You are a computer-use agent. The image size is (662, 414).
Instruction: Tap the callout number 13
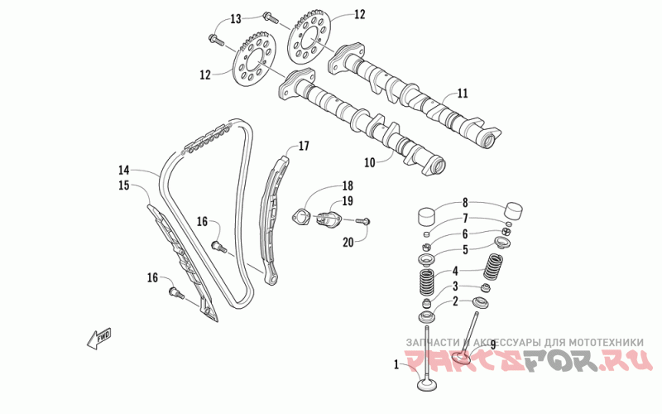click(x=236, y=18)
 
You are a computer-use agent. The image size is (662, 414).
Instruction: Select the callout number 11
click(x=463, y=93)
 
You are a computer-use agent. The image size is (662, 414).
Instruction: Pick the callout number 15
click(x=125, y=185)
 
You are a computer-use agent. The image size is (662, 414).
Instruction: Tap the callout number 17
click(x=304, y=147)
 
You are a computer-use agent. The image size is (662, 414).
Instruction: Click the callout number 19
click(x=348, y=200)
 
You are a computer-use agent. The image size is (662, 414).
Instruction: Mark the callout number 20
click(x=348, y=241)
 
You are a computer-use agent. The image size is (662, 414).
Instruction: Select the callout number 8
click(x=465, y=203)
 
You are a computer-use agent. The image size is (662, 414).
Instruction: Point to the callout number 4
click(x=454, y=271)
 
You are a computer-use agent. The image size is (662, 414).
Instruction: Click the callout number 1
click(x=396, y=363)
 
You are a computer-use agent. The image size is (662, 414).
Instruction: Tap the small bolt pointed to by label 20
click(x=365, y=221)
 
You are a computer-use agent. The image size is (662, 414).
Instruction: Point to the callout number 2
click(x=454, y=301)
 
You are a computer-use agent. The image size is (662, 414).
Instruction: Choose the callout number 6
click(x=465, y=234)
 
